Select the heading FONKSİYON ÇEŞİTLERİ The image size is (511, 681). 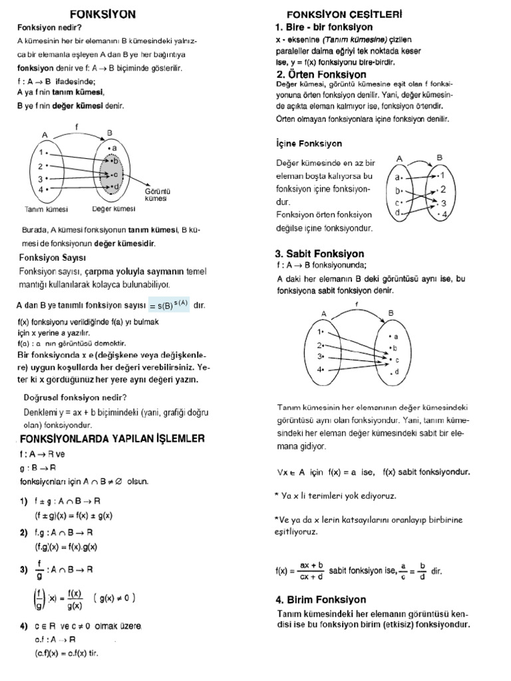click(344, 14)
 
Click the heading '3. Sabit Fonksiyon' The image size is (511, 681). click(319, 253)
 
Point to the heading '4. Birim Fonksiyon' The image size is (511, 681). click(321, 599)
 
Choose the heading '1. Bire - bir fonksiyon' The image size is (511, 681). click(324, 27)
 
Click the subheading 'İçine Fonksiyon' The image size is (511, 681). click(309, 143)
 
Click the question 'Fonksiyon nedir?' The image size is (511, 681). click(50, 27)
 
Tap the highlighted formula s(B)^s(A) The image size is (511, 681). click(169, 305)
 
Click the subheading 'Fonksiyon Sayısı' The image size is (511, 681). click(53, 257)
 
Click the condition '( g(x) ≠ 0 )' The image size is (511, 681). click(115, 597)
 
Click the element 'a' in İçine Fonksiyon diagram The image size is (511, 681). click(398, 178)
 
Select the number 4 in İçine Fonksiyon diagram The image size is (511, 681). click(444, 214)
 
